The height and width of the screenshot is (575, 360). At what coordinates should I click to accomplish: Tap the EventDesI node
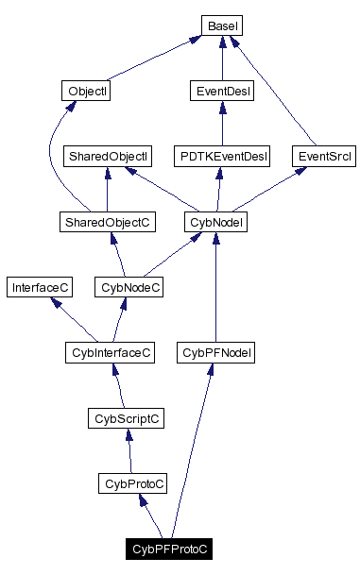point(221,92)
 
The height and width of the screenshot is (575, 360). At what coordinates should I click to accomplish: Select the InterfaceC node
point(36,286)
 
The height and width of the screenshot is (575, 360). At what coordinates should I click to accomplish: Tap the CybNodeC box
point(129,286)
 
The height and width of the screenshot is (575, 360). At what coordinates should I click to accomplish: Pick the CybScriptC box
point(127,417)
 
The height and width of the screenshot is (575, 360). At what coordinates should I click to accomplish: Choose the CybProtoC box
point(132,483)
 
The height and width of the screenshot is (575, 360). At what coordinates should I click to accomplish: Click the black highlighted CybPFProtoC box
point(170,549)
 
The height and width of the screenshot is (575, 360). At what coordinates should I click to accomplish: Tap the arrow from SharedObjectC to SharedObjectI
point(107,189)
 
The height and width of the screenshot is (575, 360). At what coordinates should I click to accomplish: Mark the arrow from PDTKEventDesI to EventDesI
point(221,124)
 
